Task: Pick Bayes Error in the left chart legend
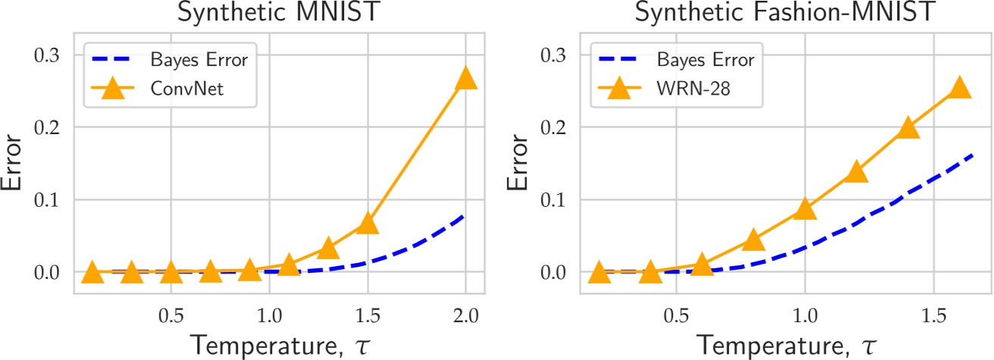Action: tap(202, 58)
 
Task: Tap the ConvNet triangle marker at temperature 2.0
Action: tap(464, 78)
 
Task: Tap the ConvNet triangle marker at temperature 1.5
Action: tap(367, 224)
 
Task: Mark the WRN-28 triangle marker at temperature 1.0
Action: tap(805, 209)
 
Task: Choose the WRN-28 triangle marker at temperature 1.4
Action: tap(908, 128)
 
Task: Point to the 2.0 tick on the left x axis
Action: tap(464, 313)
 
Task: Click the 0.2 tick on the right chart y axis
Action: tap(551, 127)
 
